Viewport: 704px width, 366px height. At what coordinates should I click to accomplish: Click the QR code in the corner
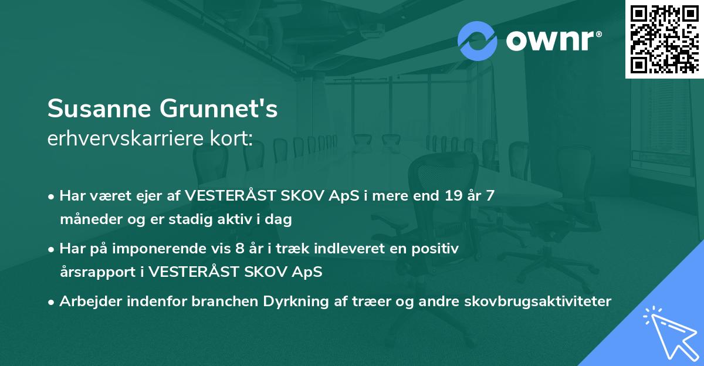click(664, 39)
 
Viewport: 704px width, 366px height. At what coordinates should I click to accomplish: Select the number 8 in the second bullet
click(239, 249)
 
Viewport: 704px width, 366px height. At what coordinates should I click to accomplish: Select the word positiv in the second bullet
click(437, 249)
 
